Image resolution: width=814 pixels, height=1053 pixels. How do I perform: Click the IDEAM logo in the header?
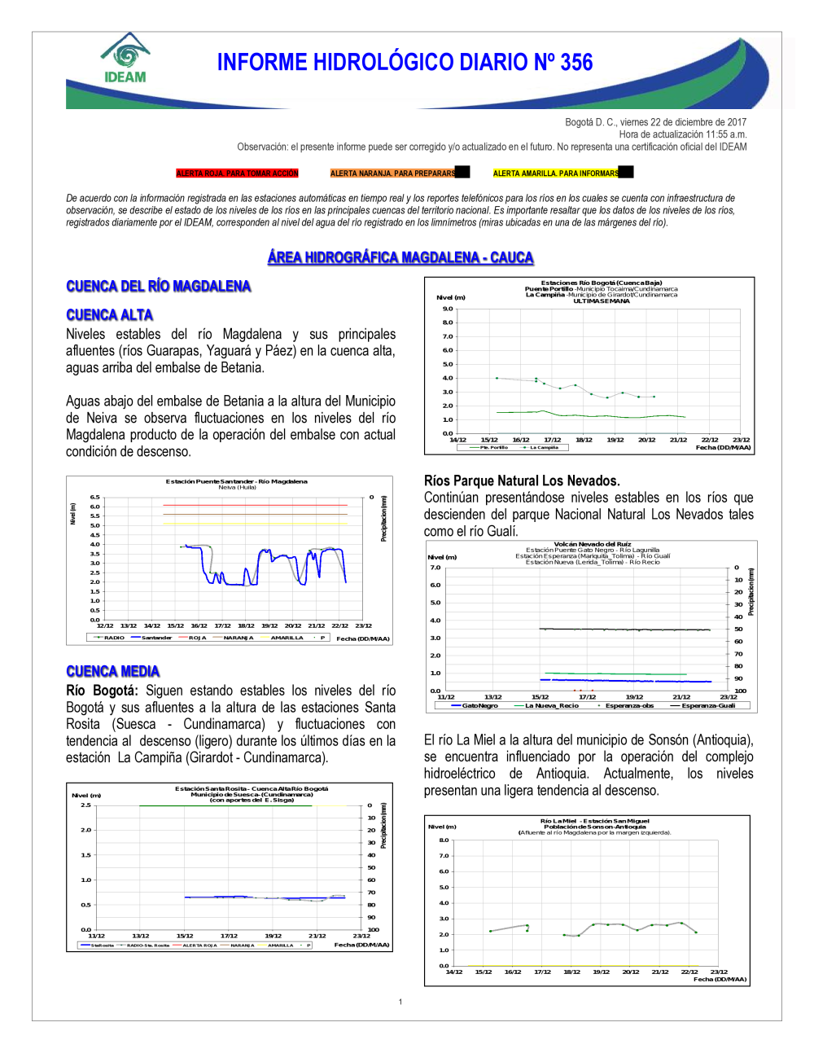[125, 59]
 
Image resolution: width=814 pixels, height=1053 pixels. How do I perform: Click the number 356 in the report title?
[576, 63]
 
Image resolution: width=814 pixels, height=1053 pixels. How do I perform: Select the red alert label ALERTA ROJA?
[238, 173]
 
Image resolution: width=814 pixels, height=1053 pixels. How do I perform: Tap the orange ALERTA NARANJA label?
[393, 173]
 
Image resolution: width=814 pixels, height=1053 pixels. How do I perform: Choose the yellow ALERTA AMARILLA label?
[556, 173]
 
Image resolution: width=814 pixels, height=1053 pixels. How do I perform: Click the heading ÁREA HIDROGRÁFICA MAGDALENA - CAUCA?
[400, 257]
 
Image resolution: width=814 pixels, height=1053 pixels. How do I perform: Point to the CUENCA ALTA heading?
[109, 315]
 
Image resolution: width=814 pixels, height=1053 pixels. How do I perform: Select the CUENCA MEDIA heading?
[112, 671]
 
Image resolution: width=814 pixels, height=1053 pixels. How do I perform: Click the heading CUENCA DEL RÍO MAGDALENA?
[158, 286]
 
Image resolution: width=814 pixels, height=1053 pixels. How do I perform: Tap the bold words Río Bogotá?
[102, 691]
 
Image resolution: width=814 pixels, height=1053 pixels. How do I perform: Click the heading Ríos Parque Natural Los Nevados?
[522, 480]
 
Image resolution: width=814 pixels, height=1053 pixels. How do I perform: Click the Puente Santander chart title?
[236, 481]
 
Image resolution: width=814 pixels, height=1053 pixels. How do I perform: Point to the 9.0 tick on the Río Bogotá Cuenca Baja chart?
[448, 309]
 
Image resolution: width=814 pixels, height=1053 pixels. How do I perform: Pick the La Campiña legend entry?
[544, 447]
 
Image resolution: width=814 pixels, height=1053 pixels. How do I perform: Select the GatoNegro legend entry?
[479, 705]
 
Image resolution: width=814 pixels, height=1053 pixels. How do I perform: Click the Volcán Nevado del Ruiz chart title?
[592, 544]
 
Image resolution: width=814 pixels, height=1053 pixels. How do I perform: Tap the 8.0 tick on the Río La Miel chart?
[444, 840]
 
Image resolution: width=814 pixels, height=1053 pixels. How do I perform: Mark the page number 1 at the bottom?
[400, 1002]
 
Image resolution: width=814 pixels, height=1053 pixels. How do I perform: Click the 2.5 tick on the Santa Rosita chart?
[85, 805]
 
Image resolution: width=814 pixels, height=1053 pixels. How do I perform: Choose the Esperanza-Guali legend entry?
[707, 705]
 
